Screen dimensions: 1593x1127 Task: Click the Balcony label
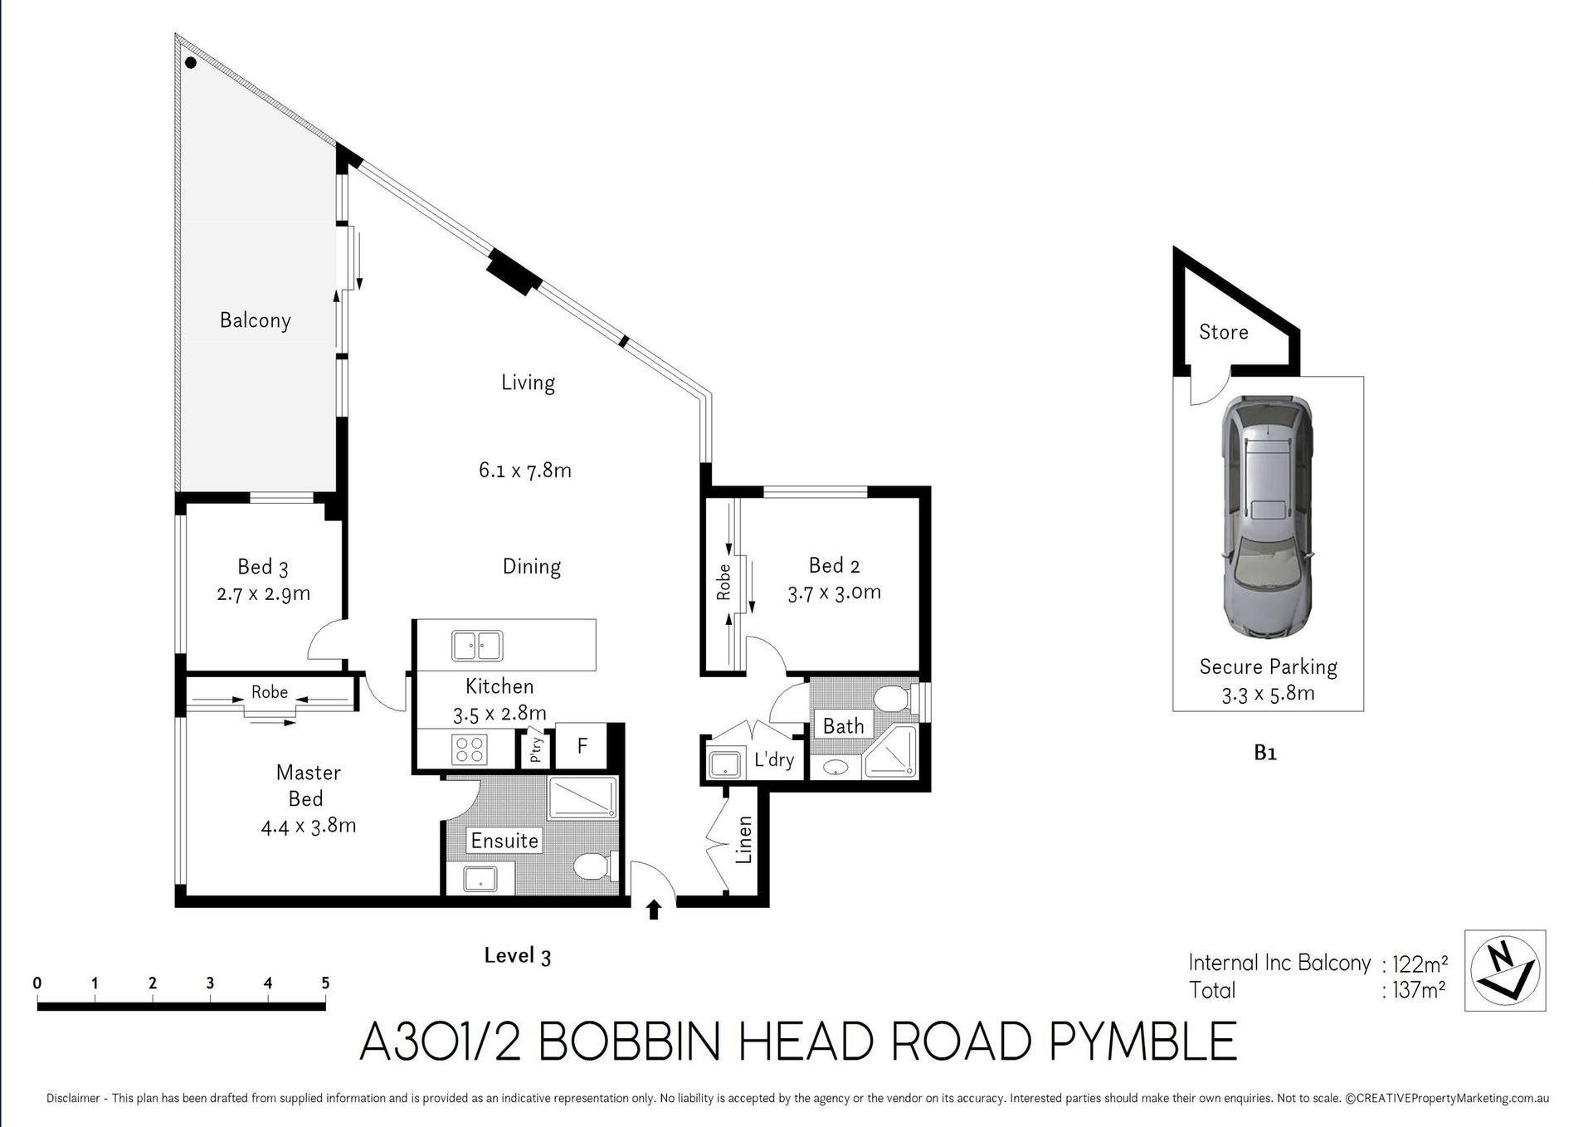255,320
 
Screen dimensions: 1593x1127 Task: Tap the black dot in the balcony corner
191,62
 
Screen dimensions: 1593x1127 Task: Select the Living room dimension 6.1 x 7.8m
524,471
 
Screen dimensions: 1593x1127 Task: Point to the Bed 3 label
262,567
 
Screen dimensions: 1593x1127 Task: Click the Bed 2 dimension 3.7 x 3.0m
834,593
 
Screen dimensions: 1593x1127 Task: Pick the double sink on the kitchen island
477,646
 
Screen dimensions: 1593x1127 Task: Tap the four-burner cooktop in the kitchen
469,749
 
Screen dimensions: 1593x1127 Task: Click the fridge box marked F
582,746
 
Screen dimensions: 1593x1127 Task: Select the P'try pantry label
536,749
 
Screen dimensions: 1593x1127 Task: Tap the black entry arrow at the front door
654,910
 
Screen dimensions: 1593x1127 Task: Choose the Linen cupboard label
744,839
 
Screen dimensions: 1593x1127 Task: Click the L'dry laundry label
774,759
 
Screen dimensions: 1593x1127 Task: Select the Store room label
1223,332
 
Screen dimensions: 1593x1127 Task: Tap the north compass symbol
1505,970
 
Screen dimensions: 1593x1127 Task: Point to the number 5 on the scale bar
325,983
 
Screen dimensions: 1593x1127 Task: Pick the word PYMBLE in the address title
1143,1041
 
